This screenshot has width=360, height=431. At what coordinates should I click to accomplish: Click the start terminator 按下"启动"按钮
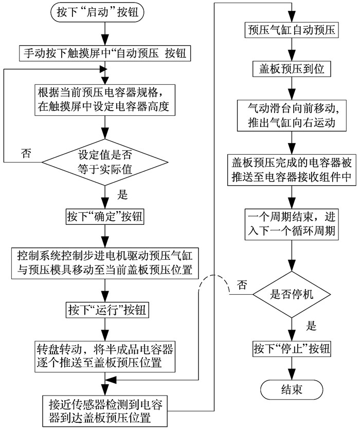coord(97,12)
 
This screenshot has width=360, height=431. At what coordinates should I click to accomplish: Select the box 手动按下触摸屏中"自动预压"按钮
coord(105,53)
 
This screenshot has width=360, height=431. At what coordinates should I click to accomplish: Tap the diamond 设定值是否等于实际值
coord(105,162)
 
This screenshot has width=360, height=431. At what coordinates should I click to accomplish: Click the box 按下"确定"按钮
coord(105,217)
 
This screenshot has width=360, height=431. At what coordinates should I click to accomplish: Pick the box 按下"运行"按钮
coord(107,310)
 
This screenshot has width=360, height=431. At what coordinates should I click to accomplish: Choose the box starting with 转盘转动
coord(105,356)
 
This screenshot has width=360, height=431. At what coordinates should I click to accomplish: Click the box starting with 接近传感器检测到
coord(105,411)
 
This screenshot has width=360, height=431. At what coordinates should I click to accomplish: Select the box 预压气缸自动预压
coord(292,30)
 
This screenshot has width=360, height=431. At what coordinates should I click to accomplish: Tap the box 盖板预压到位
coord(292,69)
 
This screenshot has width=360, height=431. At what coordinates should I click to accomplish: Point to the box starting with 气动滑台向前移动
coord(292,115)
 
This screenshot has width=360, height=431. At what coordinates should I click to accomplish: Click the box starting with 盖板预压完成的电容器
coord(292,170)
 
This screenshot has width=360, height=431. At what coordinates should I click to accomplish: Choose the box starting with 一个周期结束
coord(292,224)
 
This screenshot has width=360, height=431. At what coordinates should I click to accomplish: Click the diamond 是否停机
coord(292,294)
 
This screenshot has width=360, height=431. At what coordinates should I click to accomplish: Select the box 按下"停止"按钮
coord(292,349)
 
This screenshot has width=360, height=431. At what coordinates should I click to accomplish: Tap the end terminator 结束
coord(292,389)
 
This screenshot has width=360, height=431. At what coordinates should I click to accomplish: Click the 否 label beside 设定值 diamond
coord(26,153)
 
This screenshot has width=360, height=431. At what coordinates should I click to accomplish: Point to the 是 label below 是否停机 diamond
coord(311,326)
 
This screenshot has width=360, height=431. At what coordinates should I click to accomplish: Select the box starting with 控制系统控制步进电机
coord(105,263)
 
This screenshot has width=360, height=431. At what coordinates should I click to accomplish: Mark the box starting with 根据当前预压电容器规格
coord(105,100)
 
